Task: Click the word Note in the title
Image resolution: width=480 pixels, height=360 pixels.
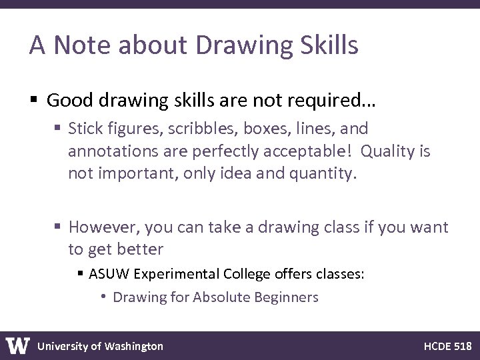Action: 78,45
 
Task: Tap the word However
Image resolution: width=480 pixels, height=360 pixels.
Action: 100,227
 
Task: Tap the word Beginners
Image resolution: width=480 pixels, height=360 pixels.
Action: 287,297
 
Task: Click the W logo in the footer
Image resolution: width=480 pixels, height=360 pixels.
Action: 17,346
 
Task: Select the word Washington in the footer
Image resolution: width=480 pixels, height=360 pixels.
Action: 133,346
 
